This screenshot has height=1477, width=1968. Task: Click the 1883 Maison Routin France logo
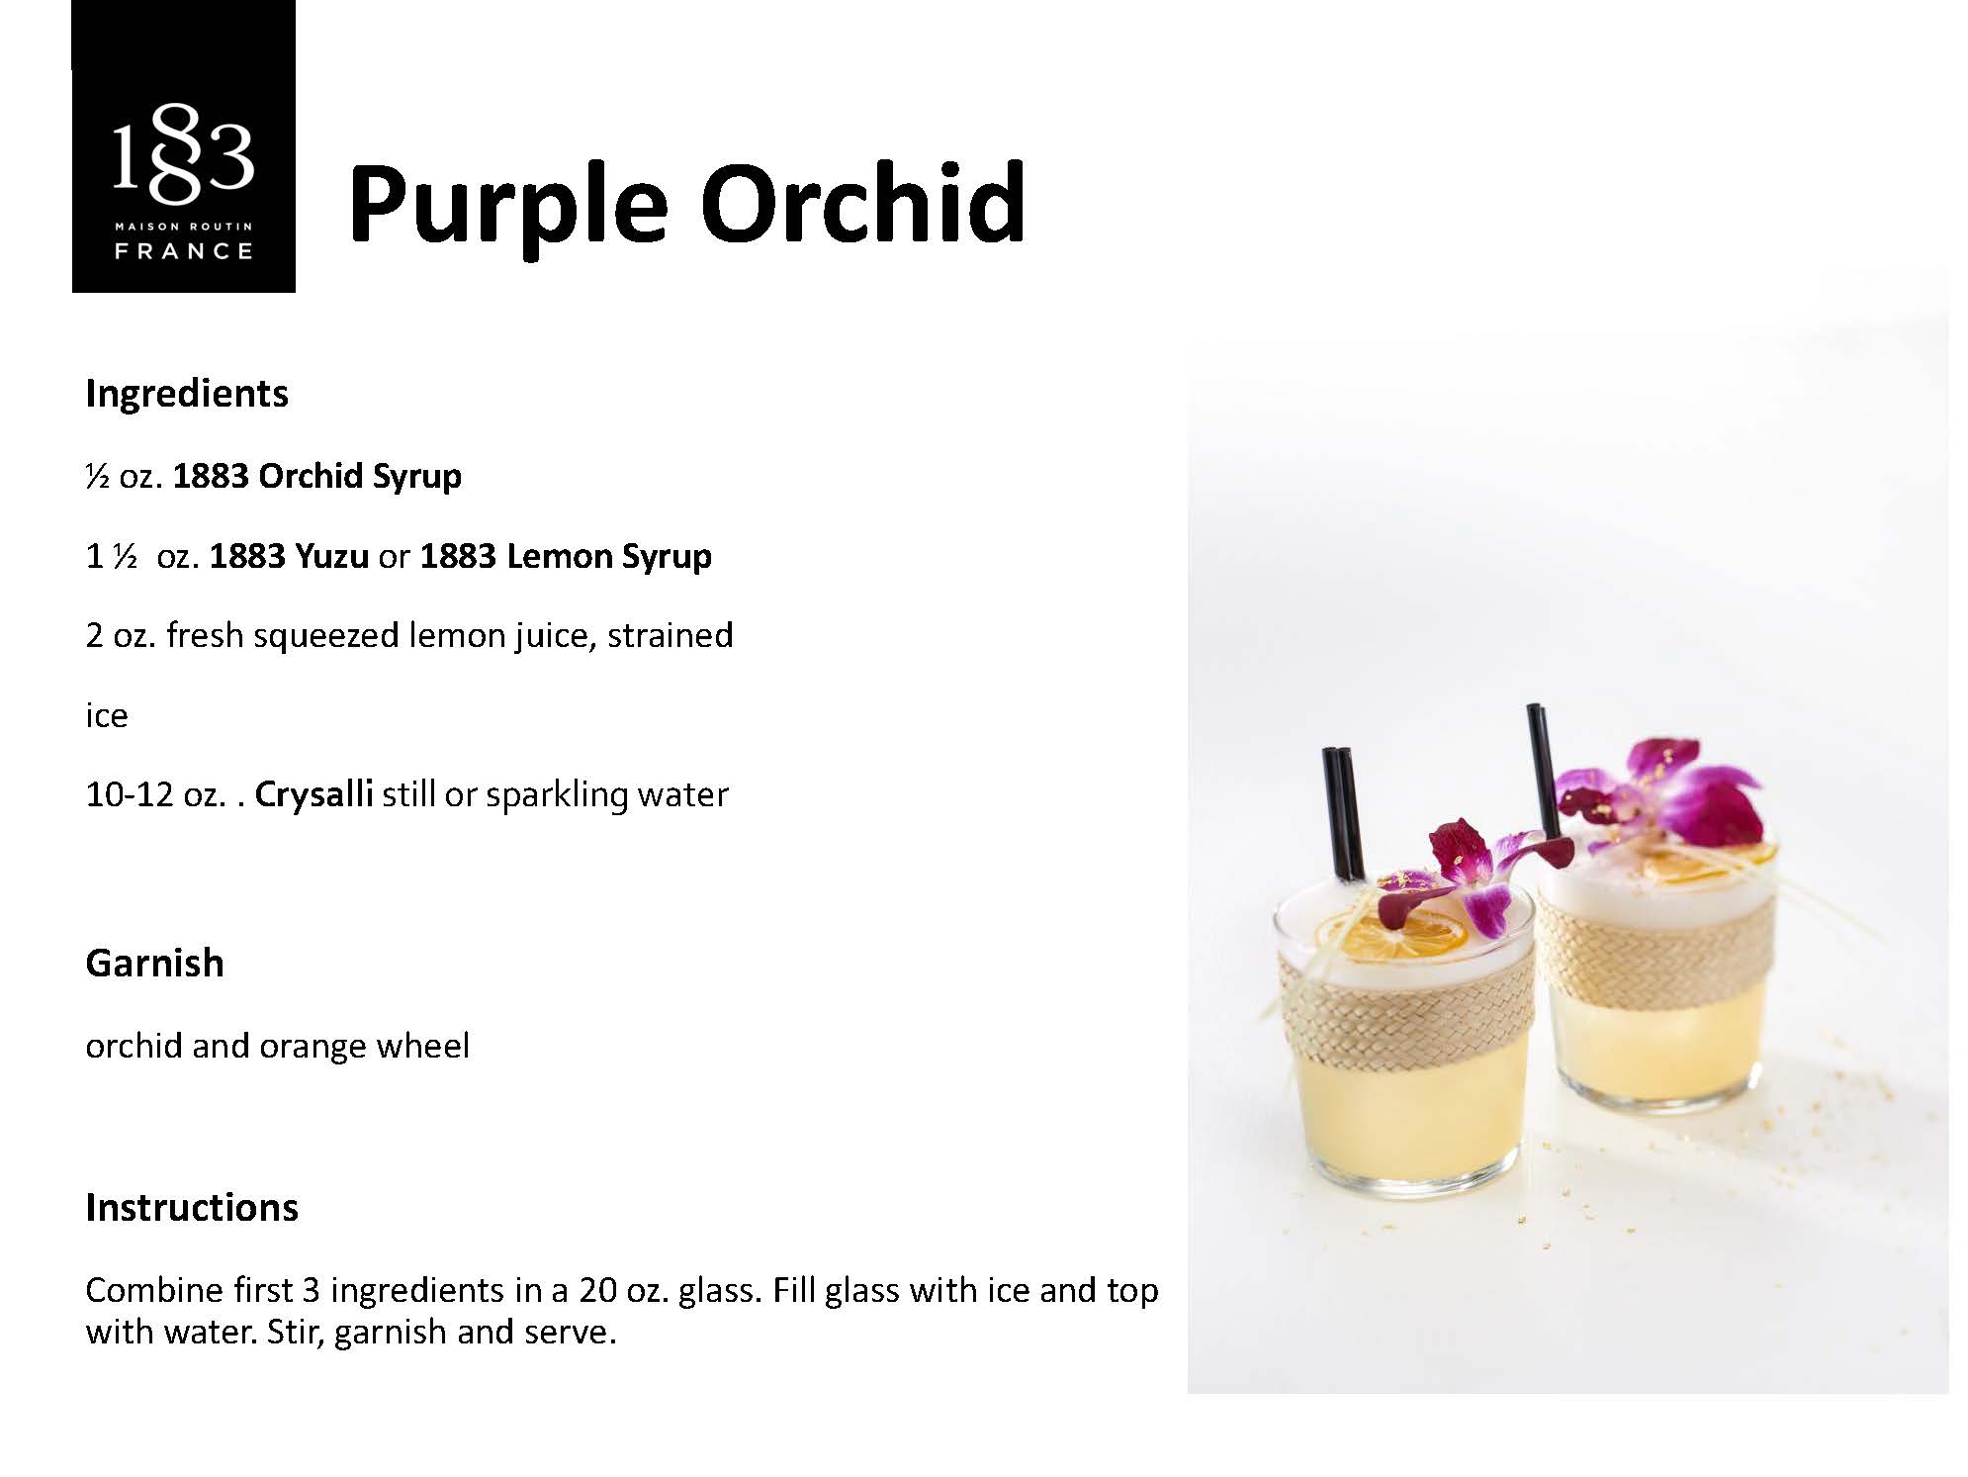tap(184, 146)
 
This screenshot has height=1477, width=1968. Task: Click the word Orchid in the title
tap(863, 204)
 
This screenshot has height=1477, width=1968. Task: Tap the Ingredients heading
tap(187, 394)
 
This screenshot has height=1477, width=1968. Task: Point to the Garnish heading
tap(155, 963)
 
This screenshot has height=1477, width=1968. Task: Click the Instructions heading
tap(192, 1207)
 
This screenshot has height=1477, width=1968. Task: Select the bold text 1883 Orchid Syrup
tap(316, 477)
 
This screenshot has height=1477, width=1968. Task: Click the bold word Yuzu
tap(331, 556)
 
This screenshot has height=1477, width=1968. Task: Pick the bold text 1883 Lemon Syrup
tap(565, 557)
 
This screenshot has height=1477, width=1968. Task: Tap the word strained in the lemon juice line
tap(671, 635)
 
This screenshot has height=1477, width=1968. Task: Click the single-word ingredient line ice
tap(107, 715)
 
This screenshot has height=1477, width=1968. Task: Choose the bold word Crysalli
tap(313, 795)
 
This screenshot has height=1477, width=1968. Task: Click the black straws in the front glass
tap(1342, 813)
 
